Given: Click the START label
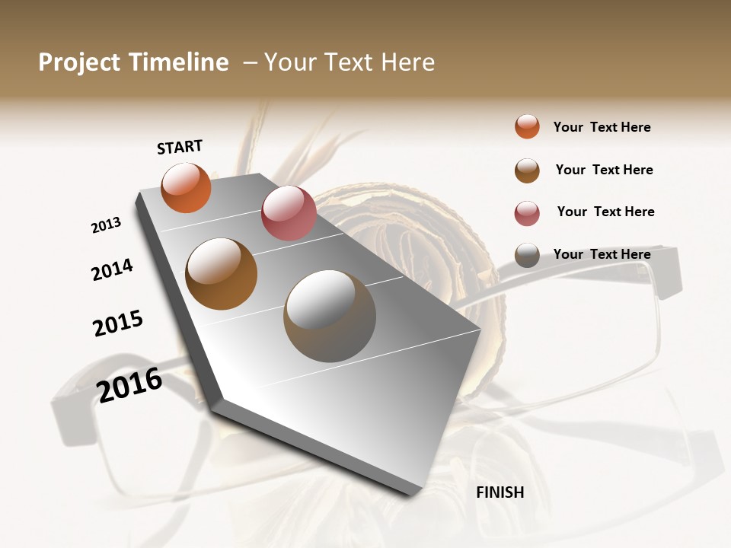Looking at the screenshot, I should pyautogui.click(x=180, y=147).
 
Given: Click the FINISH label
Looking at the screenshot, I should pyautogui.click(x=500, y=492).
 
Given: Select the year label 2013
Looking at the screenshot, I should pyautogui.click(x=106, y=225).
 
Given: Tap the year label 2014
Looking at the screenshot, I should pyautogui.click(x=112, y=269).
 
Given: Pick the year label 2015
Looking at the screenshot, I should pyautogui.click(x=118, y=323).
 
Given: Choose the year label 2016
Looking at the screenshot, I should pyautogui.click(x=129, y=384).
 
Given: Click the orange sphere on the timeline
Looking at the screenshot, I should pyautogui.click(x=186, y=187).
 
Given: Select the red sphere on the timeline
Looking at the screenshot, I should pyautogui.click(x=289, y=213).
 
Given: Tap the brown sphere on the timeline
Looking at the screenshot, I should pyautogui.click(x=222, y=274).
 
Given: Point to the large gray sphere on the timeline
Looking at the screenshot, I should pyautogui.click(x=330, y=316).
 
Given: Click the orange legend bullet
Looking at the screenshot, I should pyautogui.click(x=527, y=126).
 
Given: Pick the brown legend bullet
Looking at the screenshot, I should pyautogui.click(x=527, y=170).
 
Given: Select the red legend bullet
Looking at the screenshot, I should pyautogui.click(x=527, y=213).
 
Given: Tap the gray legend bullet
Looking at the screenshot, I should pyautogui.click(x=527, y=255).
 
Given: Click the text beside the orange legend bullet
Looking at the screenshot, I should pyautogui.click(x=602, y=127).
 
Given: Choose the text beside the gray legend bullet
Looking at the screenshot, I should pyautogui.click(x=602, y=254).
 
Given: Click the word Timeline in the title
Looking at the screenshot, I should pyautogui.click(x=178, y=62).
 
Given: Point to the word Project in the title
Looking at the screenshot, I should pyautogui.click(x=80, y=62).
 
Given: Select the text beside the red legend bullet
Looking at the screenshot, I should pyautogui.click(x=605, y=212).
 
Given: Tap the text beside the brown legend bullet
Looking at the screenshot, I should pyautogui.click(x=604, y=170).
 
